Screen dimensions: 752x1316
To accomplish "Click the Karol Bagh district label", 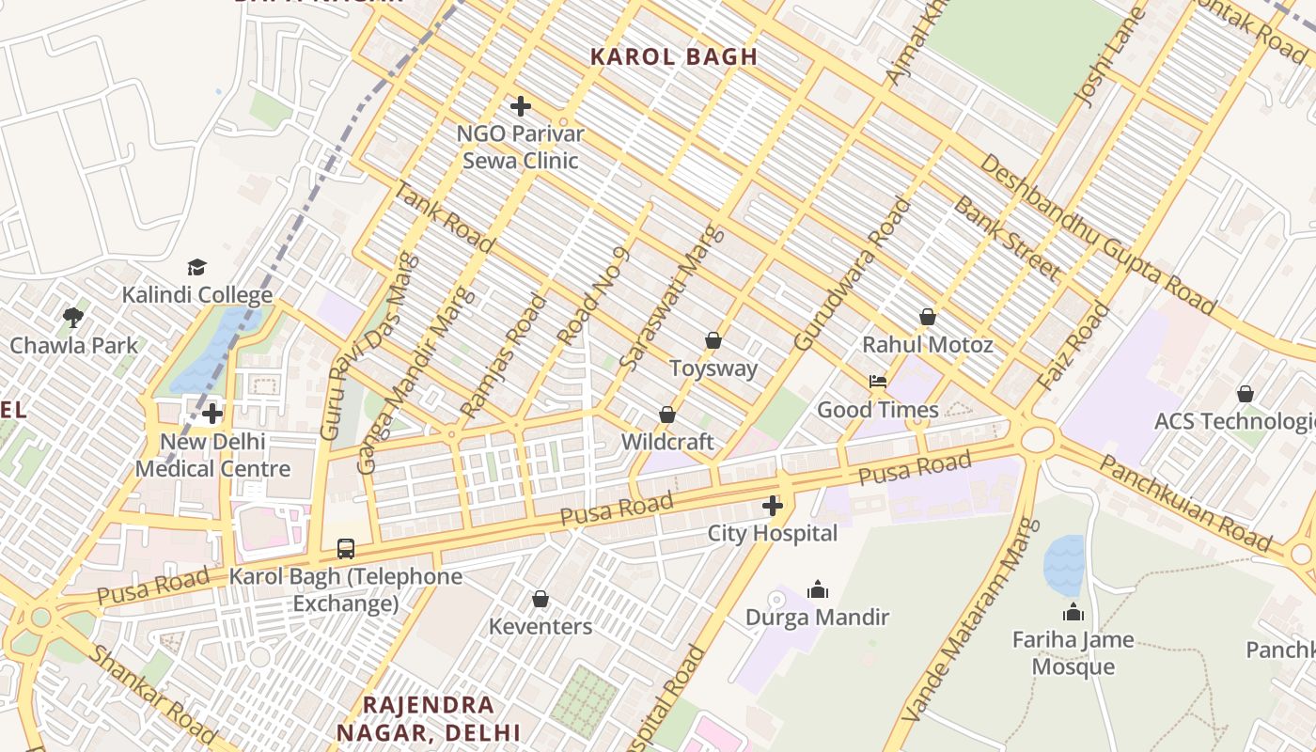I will pos(674,56).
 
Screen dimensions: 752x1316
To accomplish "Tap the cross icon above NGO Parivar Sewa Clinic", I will pos(520,106).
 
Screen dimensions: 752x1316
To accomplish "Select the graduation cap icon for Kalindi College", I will pos(196,268).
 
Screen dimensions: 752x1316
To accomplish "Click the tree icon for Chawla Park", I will pos(73,318).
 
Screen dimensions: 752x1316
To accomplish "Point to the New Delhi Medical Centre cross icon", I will pos(212,413).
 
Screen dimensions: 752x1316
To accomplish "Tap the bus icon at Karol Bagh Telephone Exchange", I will pos(346,548).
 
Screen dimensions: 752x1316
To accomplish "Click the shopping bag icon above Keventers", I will pos(540,599).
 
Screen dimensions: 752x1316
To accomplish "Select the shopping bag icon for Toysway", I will pos(713,340).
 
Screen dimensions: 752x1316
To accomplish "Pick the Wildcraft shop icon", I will pos(667,415).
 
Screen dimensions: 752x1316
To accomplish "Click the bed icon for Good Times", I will pos(877,382).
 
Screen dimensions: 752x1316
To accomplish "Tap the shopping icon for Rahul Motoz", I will pos(928,317).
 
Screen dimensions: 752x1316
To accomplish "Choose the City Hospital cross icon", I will pos(773,507).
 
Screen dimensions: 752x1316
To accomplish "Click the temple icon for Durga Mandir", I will pos(817,589).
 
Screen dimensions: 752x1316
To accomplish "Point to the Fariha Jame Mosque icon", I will pos(1073,613).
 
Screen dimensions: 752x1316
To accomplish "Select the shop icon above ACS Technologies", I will pos(1245,394).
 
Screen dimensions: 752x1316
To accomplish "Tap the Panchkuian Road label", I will pos(1185,504).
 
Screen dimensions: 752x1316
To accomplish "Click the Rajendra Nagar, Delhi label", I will pos(429,718).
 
